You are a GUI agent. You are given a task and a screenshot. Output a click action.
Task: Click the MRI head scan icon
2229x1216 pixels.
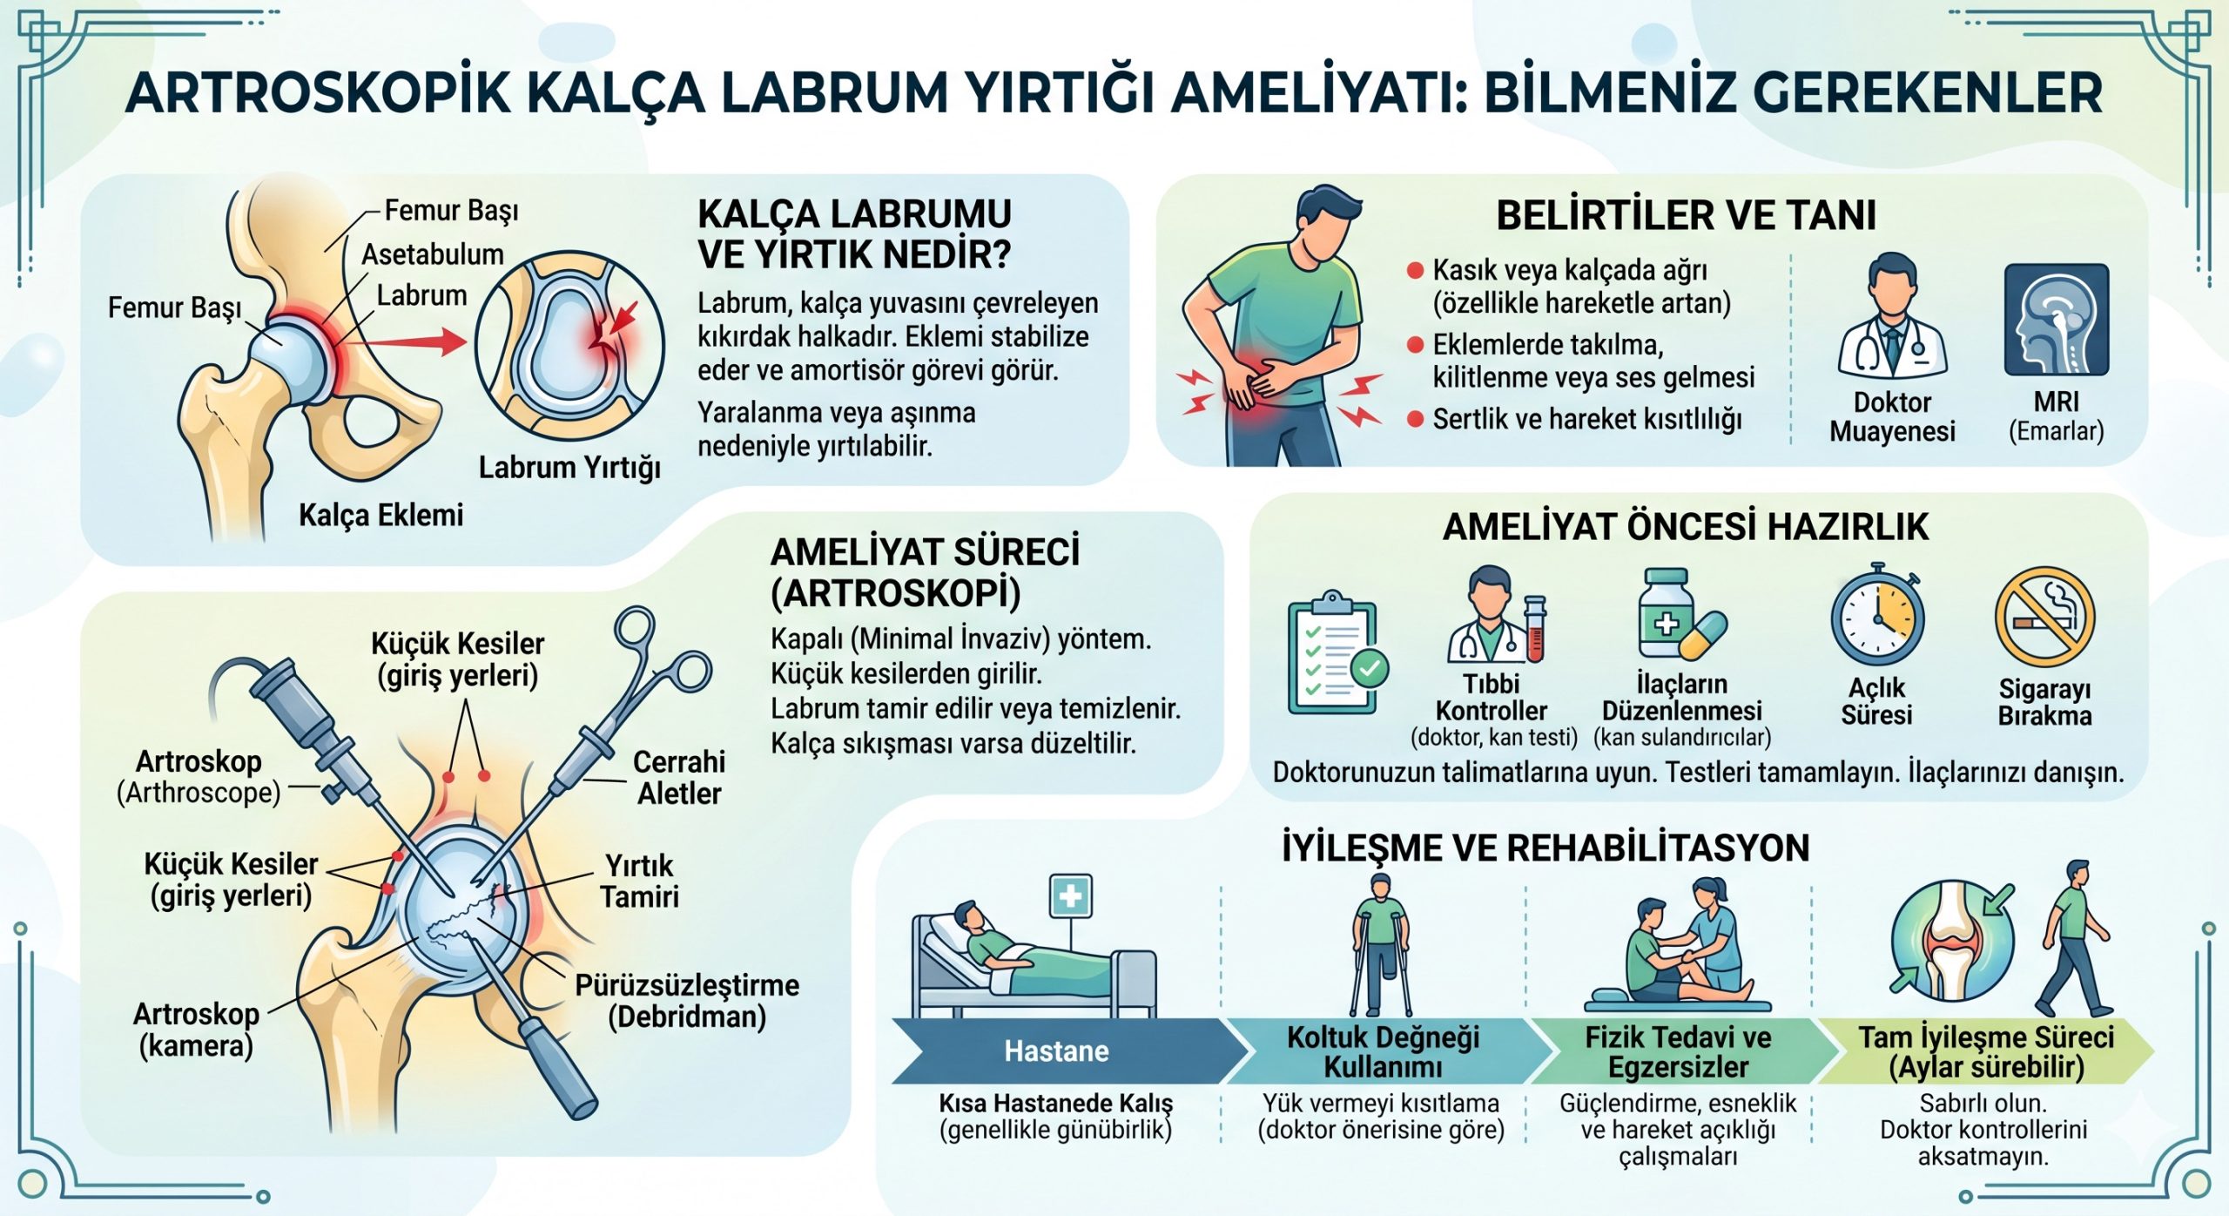(2057, 320)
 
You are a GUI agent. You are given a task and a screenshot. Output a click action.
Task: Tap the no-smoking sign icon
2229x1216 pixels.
(2044, 618)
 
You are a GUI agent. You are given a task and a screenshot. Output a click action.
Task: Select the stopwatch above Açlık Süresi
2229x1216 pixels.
(1878, 616)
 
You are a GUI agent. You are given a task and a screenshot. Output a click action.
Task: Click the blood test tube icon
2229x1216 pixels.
(1534, 629)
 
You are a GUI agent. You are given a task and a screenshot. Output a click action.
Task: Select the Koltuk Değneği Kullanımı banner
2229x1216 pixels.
(1384, 1051)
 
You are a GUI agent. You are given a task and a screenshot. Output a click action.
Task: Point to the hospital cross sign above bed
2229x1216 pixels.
(1070, 895)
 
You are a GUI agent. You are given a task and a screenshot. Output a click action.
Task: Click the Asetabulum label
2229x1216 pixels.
(433, 254)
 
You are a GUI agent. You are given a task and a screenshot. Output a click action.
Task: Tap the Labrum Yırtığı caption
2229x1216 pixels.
(569, 468)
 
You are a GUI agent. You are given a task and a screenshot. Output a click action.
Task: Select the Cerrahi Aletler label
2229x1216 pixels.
(679, 777)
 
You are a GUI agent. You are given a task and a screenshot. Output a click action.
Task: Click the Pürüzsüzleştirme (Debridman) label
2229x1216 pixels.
(687, 1001)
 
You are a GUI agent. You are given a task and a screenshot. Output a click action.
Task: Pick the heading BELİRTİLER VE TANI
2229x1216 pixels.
(1686, 215)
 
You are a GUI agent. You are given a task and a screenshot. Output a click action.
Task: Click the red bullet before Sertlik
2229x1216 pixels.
(1416, 420)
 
